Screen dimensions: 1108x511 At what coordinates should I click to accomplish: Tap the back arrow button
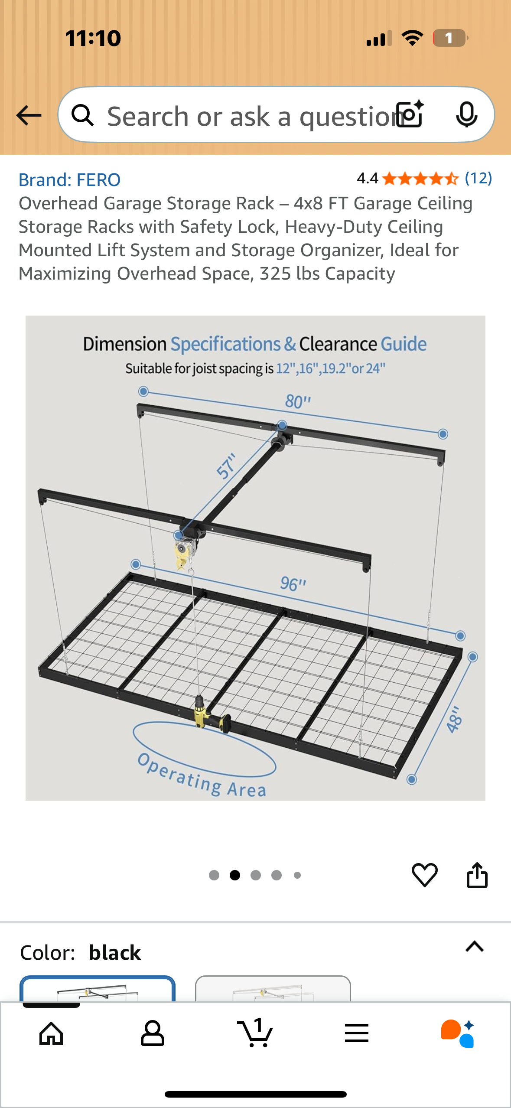29,115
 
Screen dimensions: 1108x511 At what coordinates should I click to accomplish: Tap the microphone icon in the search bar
466,115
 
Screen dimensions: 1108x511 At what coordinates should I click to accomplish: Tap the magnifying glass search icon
82,115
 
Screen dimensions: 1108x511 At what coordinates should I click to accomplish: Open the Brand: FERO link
69,179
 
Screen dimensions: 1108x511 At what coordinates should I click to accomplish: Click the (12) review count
478,178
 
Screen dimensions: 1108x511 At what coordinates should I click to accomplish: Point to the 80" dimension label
298,402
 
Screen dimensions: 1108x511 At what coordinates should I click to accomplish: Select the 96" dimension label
293,584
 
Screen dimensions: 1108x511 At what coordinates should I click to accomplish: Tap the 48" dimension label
455,720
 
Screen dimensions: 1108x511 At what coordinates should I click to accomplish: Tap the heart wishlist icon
424,875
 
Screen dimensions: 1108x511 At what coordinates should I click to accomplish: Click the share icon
477,875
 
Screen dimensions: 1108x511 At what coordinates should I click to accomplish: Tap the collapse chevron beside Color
474,947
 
